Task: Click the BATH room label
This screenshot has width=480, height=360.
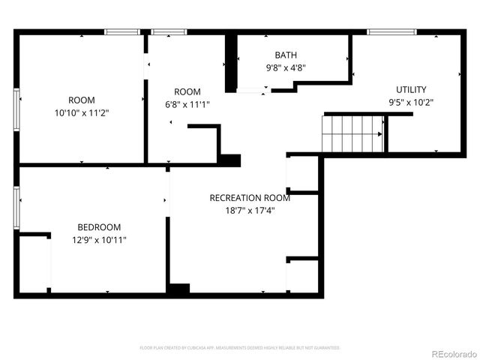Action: pos(286,55)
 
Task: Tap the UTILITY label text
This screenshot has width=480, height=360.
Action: pos(411,89)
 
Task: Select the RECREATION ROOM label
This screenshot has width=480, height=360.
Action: pos(249,198)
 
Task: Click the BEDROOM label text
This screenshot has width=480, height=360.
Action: pos(99,227)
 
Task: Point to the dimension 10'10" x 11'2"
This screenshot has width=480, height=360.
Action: pos(82,113)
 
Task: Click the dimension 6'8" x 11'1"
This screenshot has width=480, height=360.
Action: pos(187,105)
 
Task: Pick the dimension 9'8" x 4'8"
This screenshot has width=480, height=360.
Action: pos(286,67)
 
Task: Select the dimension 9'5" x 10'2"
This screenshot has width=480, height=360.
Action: pos(411,102)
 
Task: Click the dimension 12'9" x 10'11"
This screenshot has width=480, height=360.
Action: pos(99,240)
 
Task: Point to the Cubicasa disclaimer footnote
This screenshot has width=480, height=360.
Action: pos(240,348)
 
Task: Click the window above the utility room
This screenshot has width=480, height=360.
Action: pos(391,32)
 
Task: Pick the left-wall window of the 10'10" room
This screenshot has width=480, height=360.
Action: pos(16,109)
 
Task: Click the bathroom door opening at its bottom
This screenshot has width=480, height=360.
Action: pos(251,90)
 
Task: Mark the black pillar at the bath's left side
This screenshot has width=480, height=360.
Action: pos(232,64)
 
